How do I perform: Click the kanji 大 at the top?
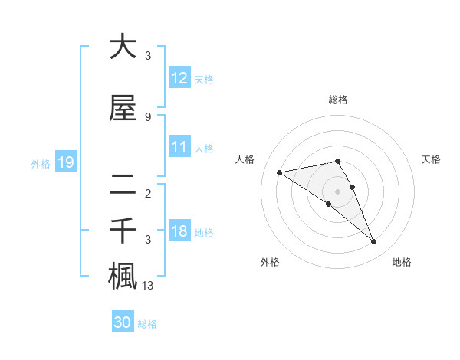pyautogui.click(x=123, y=47)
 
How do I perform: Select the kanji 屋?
pyautogui.click(x=123, y=109)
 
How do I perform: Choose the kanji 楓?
pyautogui.click(x=123, y=275)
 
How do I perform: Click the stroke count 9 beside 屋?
pyautogui.click(x=147, y=116)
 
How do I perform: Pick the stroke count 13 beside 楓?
pyautogui.click(x=149, y=286)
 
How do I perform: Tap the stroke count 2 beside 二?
pyautogui.click(x=147, y=193)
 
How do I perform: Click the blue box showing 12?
pyautogui.click(x=179, y=78)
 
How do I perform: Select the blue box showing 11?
pyautogui.click(x=179, y=148)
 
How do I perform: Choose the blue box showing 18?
pyautogui.click(x=179, y=231)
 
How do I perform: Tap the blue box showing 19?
pyautogui.click(x=64, y=162)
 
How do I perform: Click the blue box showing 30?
pyautogui.click(x=123, y=322)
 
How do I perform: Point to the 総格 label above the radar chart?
pyautogui.click(x=338, y=100)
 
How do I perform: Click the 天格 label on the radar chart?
pyautogui.click(x=431, y=159)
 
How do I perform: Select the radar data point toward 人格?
pyautogui.click(x=280, y=172)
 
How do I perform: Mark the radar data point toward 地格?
pyautogui.click(x=374, y=242)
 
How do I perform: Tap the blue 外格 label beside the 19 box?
pyautogui.click(x=40, y=164)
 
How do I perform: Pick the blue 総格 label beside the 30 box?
pyautogui.click(x=147, y=324)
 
